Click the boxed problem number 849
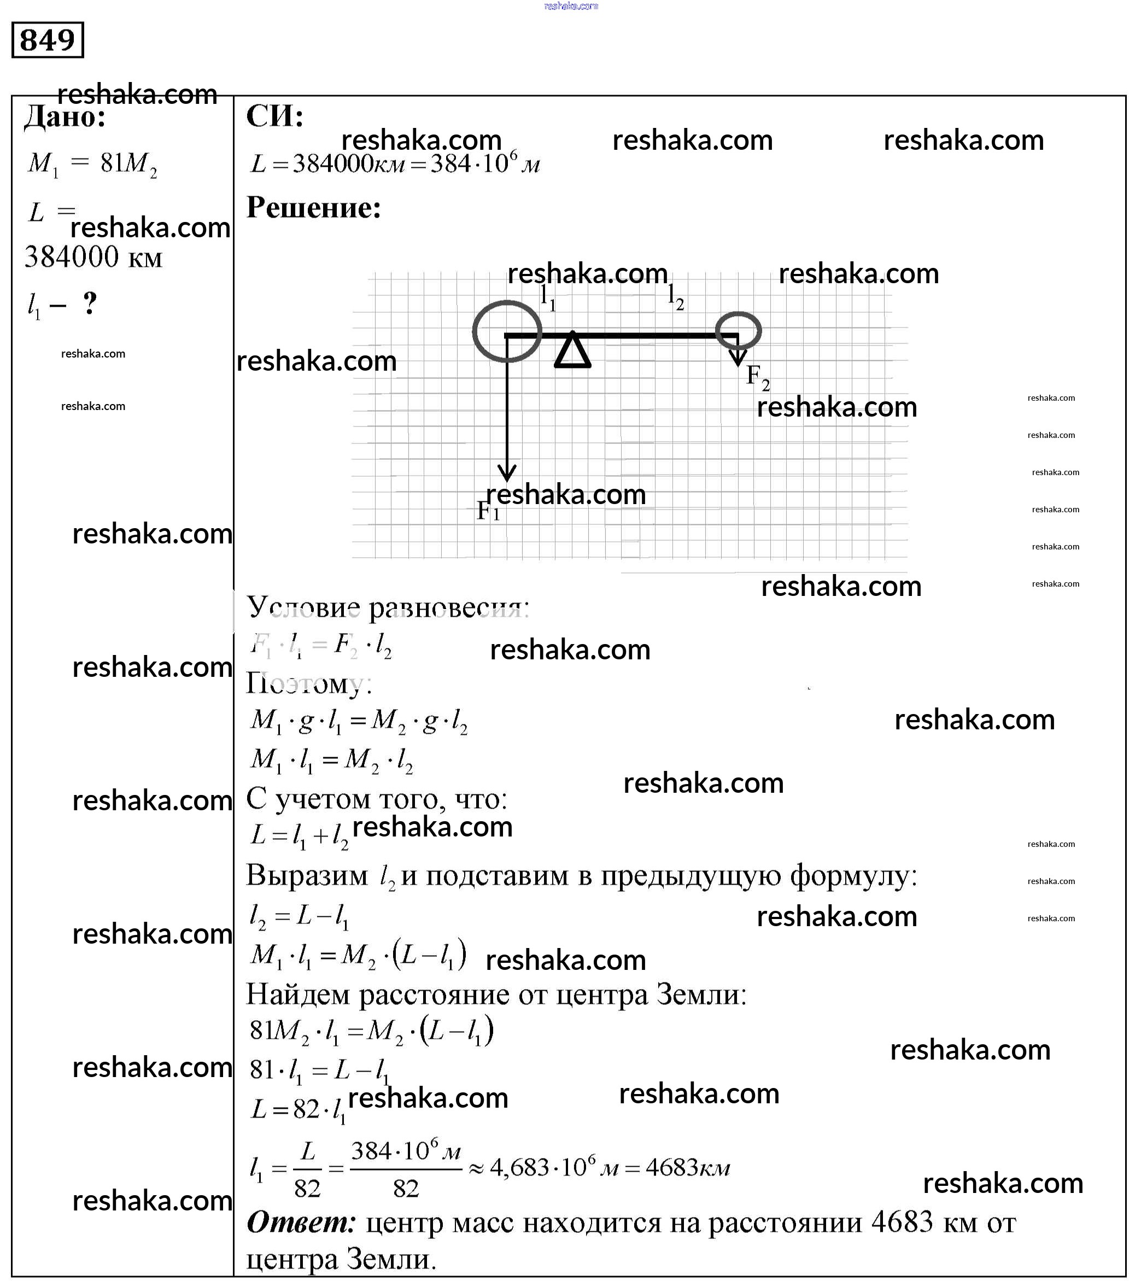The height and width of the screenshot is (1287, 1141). pyautogui.click(x=47, y=40)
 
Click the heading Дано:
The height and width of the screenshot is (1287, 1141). pyautogui.click(x=65, y=117)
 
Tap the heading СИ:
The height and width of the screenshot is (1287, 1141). pyautogui.click(x=274, y=116)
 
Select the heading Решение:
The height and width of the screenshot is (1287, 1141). pyautogui.click(x=314, y=208)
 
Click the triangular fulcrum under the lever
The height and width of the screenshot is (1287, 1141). pyautogui.click(x=572, y=352)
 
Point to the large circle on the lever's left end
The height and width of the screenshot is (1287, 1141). pyautogui.click(x=507, y=331)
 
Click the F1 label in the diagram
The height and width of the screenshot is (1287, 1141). pyautogui.click(x=488, y=511)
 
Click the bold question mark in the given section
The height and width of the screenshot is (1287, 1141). pyautogui.click(x=90, y=303)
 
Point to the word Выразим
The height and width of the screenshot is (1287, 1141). pyautogui.click(x=307, y=876)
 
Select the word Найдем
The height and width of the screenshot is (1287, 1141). pyautogui.click(x=299, y=995)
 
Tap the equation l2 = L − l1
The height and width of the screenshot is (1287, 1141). pyautogui.click(x=299, y=917)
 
